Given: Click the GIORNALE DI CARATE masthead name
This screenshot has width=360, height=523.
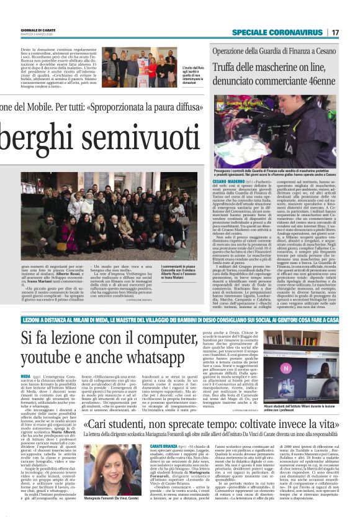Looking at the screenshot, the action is (22, 30).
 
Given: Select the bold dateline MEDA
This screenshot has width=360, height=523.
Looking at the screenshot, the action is (25, 377).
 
